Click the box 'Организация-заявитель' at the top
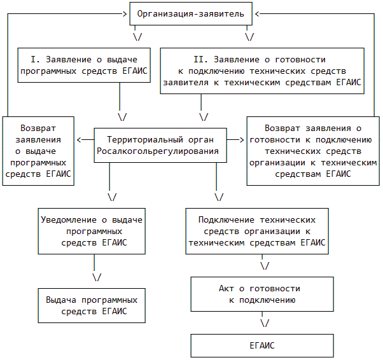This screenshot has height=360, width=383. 191,13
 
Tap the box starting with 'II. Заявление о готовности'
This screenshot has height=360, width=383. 262,71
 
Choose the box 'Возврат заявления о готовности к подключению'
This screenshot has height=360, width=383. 309,151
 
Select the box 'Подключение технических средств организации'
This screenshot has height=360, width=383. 258,231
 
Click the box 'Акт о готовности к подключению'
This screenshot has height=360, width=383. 262,294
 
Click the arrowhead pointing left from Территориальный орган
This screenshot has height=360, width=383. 80,139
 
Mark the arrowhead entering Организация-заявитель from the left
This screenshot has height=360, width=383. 125,13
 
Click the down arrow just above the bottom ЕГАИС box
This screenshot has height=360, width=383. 264,322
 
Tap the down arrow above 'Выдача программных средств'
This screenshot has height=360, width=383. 97,277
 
